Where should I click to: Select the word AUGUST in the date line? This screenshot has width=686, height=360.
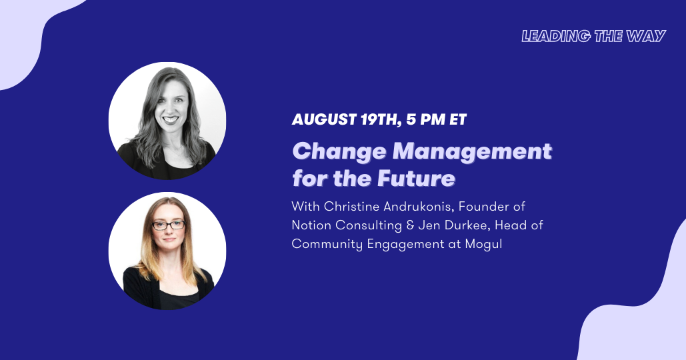(324, 119)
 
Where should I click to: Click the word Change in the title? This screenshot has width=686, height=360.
(339, 152)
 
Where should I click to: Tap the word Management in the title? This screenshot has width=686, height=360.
(473, 152)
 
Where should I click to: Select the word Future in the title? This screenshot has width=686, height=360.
(417, 179)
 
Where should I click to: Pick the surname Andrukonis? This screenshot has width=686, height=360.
(419, 206)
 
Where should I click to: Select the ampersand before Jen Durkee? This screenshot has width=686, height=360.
(410, 225)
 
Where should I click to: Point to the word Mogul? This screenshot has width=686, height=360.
(483, 243)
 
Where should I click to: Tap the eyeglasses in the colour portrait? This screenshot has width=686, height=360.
(169, 225)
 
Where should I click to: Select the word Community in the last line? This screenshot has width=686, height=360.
(327, 244)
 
